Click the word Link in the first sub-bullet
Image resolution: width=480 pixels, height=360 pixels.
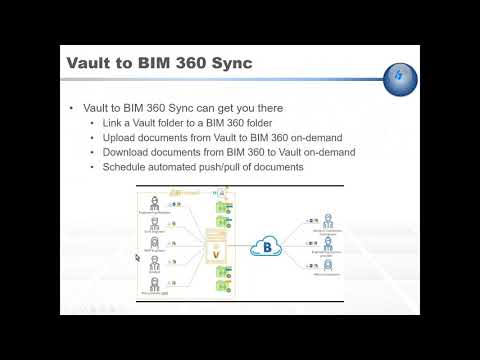click(109, 123)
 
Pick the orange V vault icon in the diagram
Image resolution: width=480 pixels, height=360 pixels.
click(216, 253)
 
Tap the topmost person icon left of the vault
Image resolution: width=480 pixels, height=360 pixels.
click(155, 202)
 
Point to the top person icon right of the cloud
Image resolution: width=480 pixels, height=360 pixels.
click(327, 221)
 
